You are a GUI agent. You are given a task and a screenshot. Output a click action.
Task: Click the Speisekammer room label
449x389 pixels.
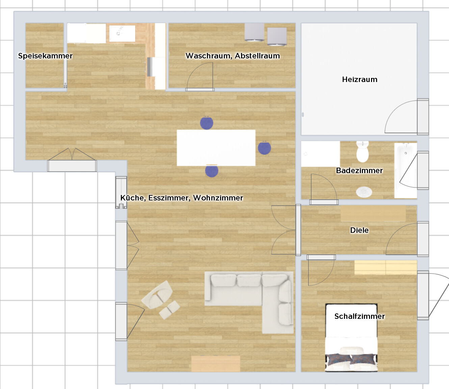[45, 56]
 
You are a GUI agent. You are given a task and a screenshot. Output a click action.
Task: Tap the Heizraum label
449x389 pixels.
[360, 79]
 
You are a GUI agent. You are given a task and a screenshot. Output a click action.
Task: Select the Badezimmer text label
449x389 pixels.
[359, 171]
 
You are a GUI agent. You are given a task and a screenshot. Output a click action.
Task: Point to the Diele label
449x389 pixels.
[359, 230]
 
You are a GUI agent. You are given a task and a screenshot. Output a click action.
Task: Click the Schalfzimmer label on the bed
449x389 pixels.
[360, 316]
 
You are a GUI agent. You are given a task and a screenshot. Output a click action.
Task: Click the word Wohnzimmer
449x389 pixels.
[218, 198]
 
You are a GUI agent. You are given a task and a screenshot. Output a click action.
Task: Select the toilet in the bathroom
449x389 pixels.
[362, 151]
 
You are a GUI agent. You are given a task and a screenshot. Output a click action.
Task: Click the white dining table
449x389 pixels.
[216, 148]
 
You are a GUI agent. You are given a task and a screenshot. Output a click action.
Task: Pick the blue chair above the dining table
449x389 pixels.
[207, 123]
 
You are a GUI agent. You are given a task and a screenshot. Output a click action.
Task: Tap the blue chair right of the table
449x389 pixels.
[264, 148]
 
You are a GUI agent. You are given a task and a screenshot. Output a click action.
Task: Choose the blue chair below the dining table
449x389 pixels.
[212, 171]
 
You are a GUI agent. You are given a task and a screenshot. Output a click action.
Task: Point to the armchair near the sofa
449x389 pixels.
[157, 295]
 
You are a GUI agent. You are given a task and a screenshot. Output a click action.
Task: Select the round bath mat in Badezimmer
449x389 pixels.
[364, 192]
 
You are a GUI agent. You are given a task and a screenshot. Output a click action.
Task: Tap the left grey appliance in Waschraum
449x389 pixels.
[254, 32]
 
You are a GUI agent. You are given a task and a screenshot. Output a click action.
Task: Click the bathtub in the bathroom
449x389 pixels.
[405, 170]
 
